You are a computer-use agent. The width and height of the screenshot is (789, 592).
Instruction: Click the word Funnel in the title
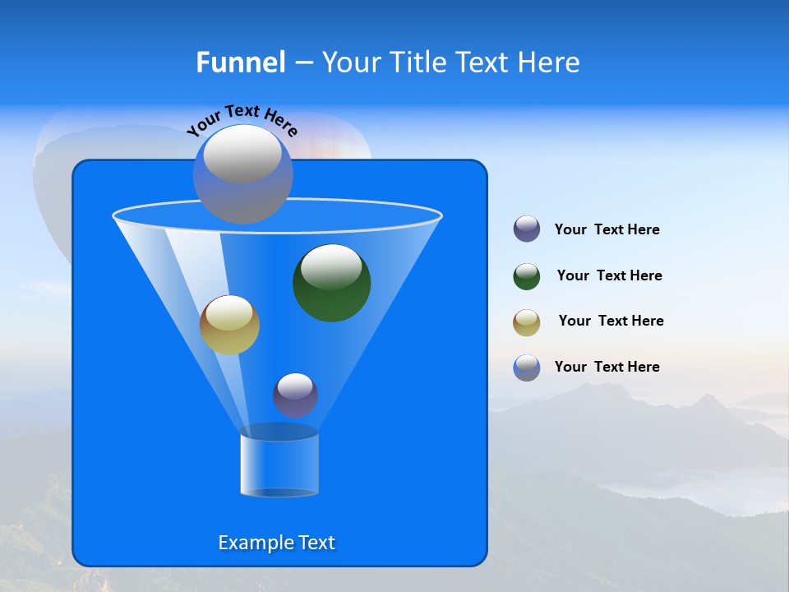240,62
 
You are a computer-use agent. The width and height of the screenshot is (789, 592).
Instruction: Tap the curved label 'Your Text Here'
242,119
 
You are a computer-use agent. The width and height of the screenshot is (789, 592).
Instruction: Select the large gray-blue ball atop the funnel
242,174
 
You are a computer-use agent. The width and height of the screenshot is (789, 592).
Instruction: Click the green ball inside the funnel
332,283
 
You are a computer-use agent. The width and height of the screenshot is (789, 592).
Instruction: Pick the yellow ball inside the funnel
229,325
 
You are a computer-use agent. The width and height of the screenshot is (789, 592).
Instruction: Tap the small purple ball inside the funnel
295,395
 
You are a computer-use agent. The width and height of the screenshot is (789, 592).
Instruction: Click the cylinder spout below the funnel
279,465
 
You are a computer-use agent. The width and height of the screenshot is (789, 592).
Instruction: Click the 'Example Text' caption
276,543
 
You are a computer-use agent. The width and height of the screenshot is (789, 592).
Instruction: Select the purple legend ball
527,229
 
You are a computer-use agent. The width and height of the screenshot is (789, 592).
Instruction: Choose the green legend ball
527,276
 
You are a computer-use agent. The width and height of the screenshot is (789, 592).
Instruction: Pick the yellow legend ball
527,322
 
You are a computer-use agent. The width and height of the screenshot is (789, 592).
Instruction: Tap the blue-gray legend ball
527,368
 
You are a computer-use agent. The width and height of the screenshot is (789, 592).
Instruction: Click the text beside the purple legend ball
607,229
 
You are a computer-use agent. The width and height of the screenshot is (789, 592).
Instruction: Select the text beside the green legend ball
609,275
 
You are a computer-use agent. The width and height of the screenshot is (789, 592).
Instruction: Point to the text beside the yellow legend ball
611,321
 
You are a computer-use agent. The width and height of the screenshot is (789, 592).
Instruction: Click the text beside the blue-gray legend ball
607,367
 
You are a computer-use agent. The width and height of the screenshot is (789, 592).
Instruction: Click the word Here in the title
549,62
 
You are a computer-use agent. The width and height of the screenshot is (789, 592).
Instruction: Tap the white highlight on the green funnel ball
331,266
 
